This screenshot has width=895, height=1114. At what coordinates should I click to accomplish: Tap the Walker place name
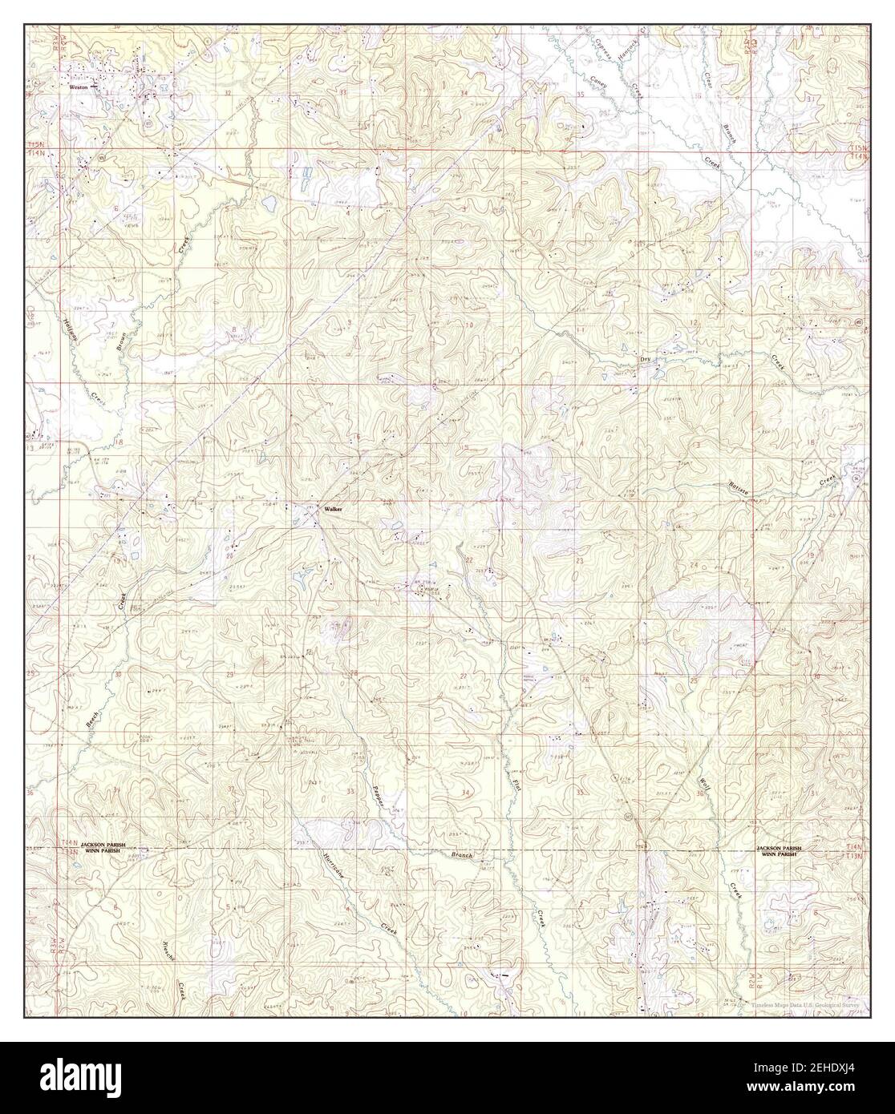click(x=333, y=509)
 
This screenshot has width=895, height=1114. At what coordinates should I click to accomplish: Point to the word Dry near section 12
click(x=645, y=359)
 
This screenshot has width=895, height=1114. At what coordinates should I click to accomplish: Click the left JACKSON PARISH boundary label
click(x=103, y=846)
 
